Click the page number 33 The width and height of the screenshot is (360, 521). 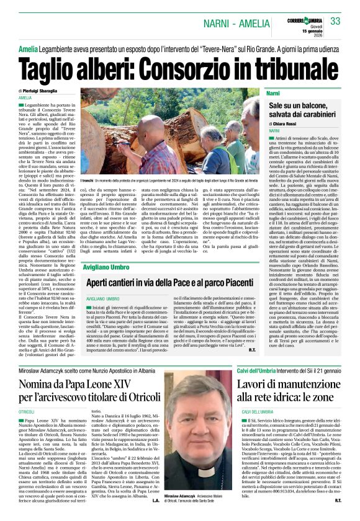(x=336, y=21)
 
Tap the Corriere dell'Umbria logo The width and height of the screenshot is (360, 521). (x=304, y=14)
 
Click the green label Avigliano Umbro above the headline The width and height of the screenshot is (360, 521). (x=104, y=267)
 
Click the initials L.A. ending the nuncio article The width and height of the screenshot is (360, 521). (x=156, y=500)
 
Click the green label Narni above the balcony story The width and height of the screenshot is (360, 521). (x=273, y=93)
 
